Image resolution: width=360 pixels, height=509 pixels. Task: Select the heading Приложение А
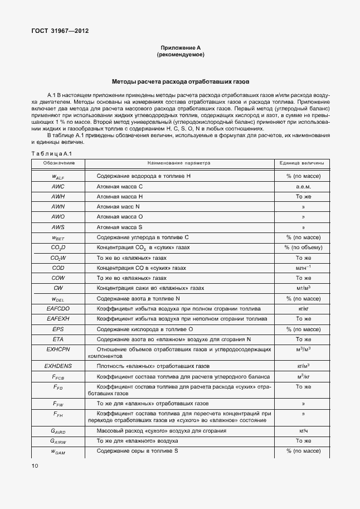click(179, 49)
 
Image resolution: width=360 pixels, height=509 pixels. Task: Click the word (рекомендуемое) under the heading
click(179, 55)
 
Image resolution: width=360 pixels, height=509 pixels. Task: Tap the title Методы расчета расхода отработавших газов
click(180, 81)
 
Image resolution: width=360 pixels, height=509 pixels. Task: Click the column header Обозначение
click(59, 163)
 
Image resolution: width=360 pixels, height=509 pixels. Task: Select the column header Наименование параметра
click(179, 163)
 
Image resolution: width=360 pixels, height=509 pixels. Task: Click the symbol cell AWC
click(59, 186)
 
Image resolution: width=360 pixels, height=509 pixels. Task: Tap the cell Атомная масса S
click(120, 227)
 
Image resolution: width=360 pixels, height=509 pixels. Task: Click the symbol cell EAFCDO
click(59, 308)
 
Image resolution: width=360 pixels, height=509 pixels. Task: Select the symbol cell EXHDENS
click(59, 366)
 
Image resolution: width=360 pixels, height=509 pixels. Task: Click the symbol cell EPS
click(59, 329)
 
